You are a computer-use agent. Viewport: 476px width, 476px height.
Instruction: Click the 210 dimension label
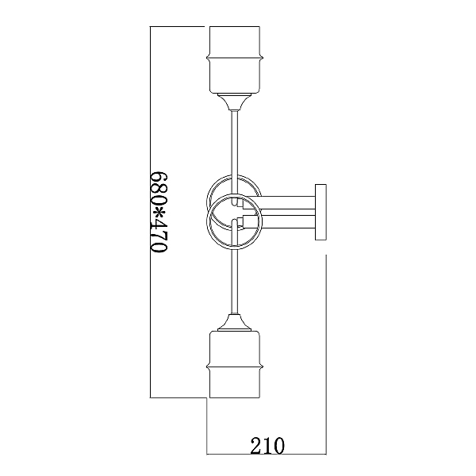(x=267, y=445)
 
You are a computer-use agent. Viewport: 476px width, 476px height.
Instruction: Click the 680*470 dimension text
(x=159, y=212)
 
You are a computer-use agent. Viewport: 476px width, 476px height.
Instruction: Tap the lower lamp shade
(x=235, y=364)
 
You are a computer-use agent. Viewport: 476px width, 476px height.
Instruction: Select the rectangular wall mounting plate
(x=321, y=212)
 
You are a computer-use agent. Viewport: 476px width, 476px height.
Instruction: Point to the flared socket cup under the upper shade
(x=235, y=102)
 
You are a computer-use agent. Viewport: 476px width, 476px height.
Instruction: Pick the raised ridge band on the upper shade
(x=235, y=57)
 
